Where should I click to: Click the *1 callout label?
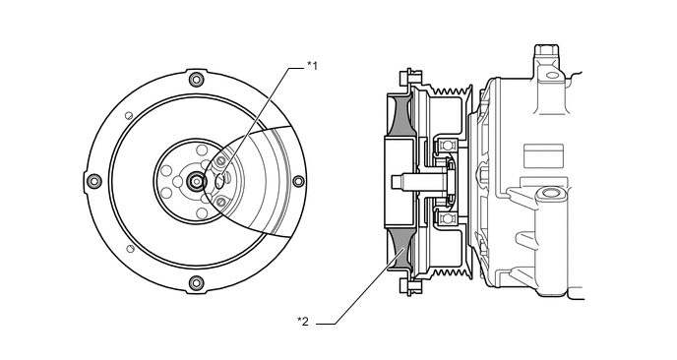312,66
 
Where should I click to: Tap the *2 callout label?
303,322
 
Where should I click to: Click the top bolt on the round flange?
197,79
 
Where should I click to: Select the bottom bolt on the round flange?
197,282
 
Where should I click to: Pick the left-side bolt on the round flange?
94,181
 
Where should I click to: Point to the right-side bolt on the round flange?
298,181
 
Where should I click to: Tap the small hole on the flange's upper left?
128,115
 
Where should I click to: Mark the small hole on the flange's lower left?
130,248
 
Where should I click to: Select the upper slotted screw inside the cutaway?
220,161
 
